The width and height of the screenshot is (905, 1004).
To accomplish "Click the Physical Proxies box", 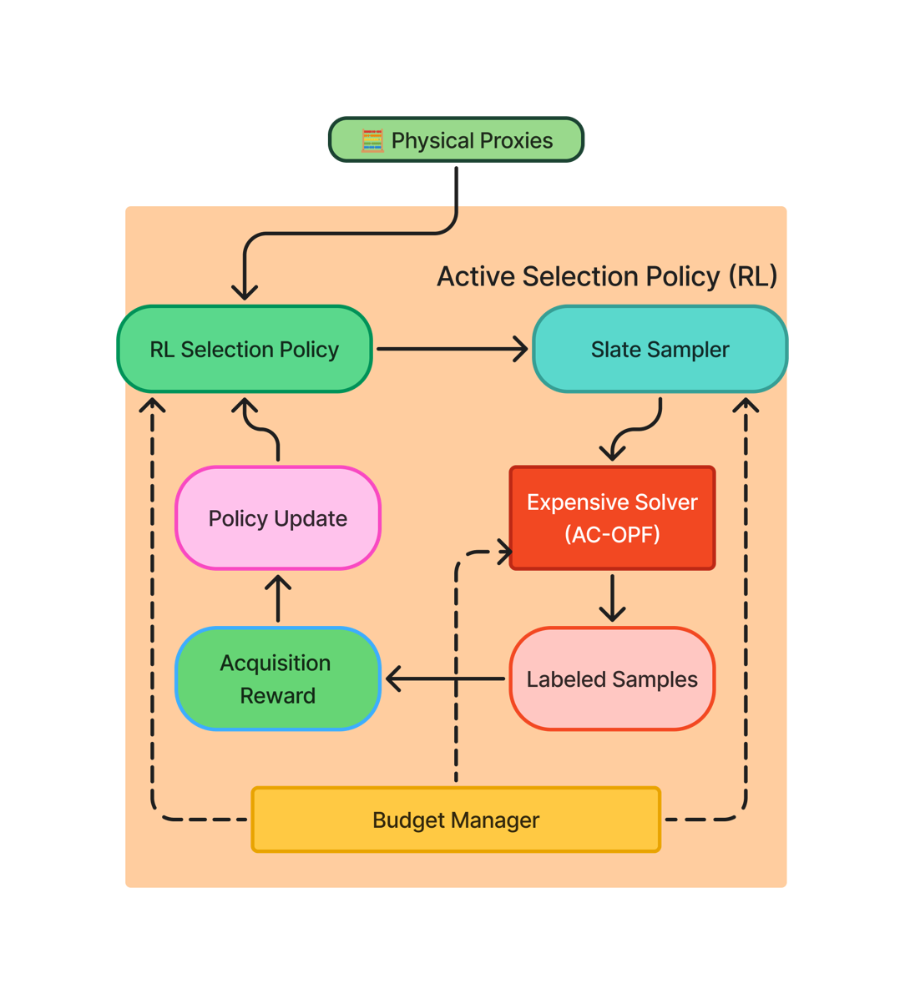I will point(456,140).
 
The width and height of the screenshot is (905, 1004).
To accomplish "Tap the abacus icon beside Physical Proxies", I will point(372,141).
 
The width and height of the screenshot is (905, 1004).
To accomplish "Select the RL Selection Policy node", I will point(244,349).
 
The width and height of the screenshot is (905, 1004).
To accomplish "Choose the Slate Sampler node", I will point(660,349).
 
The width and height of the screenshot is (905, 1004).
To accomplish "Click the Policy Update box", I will point(277,518).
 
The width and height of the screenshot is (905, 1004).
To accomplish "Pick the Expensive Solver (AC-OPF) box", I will point(612,518).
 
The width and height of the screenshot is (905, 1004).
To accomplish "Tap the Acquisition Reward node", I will point(277,679).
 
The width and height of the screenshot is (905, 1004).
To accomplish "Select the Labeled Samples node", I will point(612,679).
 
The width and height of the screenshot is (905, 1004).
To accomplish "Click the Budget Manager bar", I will point(456,820).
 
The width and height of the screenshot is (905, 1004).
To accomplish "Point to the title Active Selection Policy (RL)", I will point(607,276).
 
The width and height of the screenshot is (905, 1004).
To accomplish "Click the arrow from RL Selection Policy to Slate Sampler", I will point(452,349).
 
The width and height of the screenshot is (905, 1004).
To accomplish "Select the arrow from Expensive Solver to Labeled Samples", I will point(612,598).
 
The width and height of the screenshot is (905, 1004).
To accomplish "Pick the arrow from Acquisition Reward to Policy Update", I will point(277,598).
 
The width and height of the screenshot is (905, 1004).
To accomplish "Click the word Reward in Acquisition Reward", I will point(277,695).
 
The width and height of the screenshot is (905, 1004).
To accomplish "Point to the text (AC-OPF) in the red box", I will point(612,534).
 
